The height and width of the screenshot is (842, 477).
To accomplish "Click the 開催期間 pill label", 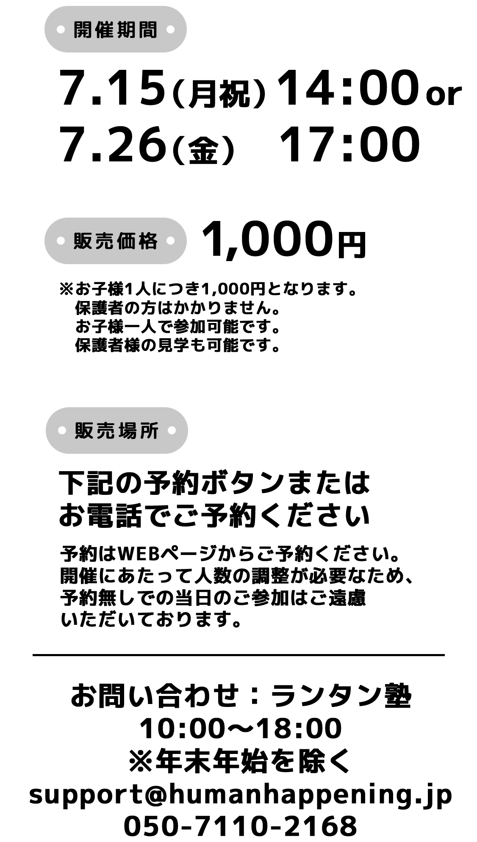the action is coord(115,30).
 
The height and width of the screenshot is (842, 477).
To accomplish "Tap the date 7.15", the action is coord(112,88).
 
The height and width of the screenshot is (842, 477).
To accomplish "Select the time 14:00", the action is coord(348,88).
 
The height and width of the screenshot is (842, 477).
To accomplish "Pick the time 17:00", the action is coord(350,144).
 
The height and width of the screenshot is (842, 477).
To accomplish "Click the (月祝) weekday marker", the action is coord(219,93).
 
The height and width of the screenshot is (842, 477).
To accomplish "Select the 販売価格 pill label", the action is coord(115,241).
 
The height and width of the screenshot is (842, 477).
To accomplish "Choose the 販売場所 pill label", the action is coord(116,431).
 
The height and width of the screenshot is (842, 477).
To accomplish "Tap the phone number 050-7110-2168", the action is coord(240,826).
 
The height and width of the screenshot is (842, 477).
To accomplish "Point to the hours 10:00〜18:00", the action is coord(240,728).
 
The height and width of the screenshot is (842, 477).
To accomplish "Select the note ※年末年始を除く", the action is coord(240,761).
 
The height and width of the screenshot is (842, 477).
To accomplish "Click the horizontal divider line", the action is coord(239,655).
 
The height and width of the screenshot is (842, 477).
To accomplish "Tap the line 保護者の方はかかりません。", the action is coord(178,308).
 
